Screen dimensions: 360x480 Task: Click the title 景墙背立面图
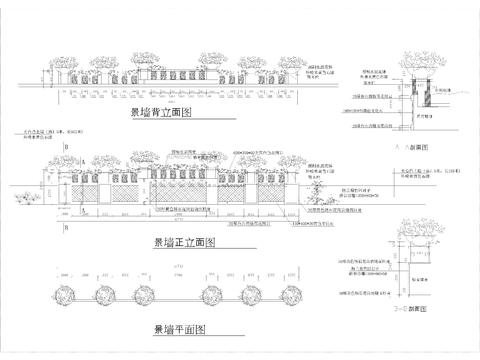point(159,113)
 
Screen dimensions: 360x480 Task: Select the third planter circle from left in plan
point(139,294)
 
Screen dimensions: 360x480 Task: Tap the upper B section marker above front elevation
point(65,148)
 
